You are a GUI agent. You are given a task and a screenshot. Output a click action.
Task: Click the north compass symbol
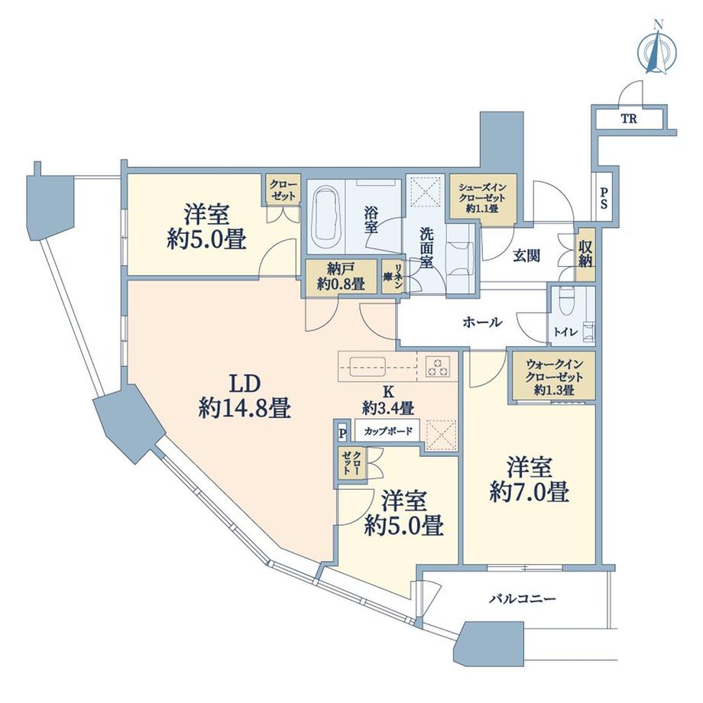pyautogui.click(x=657, y=52)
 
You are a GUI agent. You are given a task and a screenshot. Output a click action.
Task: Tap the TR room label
pyautogui.click(x=629, y=118)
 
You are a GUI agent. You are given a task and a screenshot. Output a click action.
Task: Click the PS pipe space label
pyautogui.click(x=604, y=198)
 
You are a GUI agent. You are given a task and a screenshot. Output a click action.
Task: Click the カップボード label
pyautogui.click(x=388, y=431)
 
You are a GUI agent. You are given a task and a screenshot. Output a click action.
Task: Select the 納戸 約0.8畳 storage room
pyautogui.click(x=342, y=277)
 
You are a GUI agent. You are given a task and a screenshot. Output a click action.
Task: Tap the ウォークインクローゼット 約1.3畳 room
pyautogui.click(x=554, y=375)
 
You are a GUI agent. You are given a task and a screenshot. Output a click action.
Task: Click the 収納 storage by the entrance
pyautogui.click(x=585, y=254)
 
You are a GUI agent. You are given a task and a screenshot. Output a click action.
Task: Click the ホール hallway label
pyautogui.click(x=482, y=322)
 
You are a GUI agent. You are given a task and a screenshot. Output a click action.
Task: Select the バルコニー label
pyautogui.click(x=523, y=598)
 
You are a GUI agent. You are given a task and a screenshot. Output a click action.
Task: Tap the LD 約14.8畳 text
pyautogui.click(x=245, y=396)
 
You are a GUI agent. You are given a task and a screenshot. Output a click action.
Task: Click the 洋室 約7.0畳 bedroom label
pyautogui.click(x=529, y=480)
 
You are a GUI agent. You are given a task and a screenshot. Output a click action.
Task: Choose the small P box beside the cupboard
pyautogui.click(x=343, y=433)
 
